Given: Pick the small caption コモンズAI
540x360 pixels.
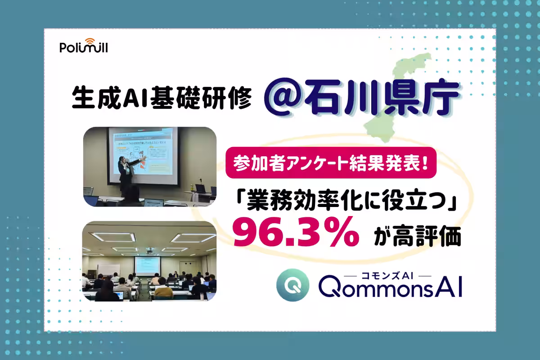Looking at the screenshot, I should (x=387, y=275).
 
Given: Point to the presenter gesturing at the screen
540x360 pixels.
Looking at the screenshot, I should (x=126, y=169).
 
